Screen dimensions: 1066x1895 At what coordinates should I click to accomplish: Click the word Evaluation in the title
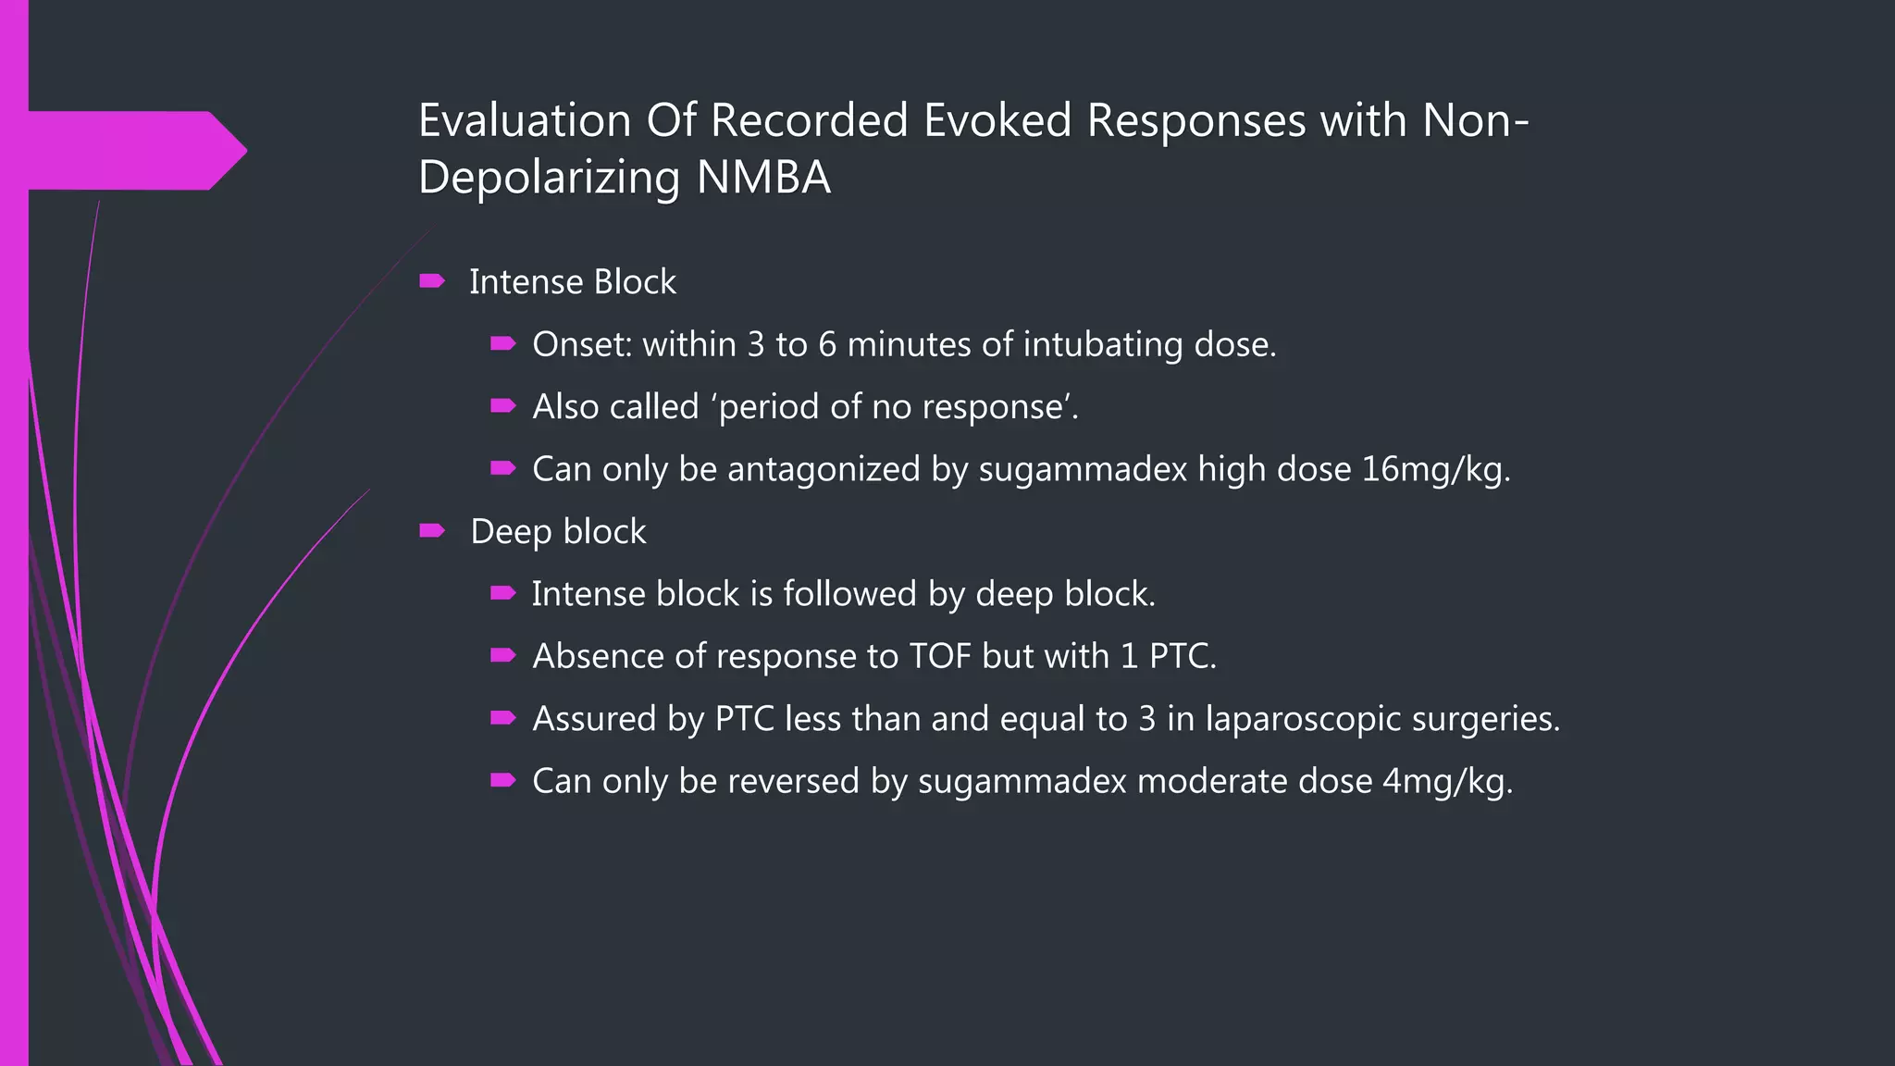525,121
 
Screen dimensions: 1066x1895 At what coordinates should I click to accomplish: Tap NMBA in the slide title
763,178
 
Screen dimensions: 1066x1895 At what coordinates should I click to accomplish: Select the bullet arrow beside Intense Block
432,281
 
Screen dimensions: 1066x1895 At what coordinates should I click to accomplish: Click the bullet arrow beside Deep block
432,531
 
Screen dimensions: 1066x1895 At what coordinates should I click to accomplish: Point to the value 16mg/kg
1435,470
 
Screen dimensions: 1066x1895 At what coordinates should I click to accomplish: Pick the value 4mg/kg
1447,782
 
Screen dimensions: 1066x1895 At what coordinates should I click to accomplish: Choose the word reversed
792,782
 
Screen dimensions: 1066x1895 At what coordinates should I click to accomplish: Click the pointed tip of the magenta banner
244,150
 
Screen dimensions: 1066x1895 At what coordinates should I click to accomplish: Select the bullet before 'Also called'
502,406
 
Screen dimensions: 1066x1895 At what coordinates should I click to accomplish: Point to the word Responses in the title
1195,121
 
